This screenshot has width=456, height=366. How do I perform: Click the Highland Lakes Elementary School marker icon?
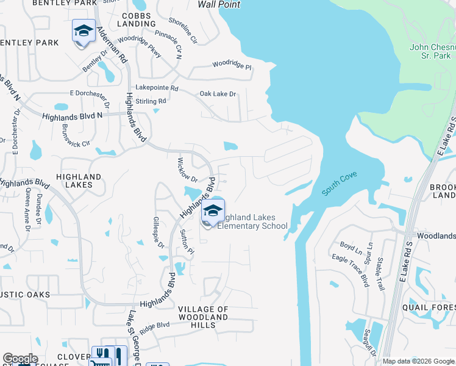pyautogui.click(x=213, y=211)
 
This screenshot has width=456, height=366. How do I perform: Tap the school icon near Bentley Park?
pyautogui.click(x=84, y=31)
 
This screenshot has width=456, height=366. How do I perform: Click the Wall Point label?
pyautogui.click(x=218, y=4)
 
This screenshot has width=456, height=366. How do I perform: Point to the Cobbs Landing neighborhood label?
pyautogui.click(x=138, y=20)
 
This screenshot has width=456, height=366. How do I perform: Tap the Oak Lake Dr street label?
pyautogui.click(x=218, y=94)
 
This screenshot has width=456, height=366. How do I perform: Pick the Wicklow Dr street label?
pyautogui.click(x=187, y=170)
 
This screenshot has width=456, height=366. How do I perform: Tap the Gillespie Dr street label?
pyautogui.click(x=159, y=232)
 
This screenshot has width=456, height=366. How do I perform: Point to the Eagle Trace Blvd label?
pyautogui.click(x=351, y=271)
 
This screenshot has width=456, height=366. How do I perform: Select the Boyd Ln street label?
pyautogui.click(x=351, y=247)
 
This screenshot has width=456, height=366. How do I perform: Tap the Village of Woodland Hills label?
pyautogui.click(x=204, y=317)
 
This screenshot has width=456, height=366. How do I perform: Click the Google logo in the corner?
pyautogui.click(x=20, y=359)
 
